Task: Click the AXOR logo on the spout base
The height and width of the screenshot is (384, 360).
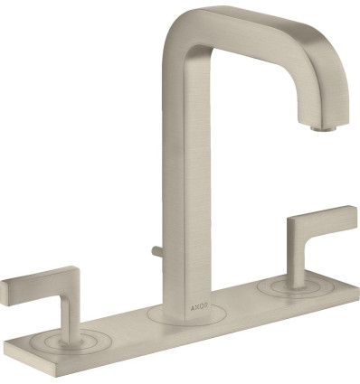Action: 199,307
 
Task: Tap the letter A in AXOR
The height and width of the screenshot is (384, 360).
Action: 192,308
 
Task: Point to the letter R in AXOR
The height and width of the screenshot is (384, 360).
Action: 206,307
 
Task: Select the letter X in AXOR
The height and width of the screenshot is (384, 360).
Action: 196,308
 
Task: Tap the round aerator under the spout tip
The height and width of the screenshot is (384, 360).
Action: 323,128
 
